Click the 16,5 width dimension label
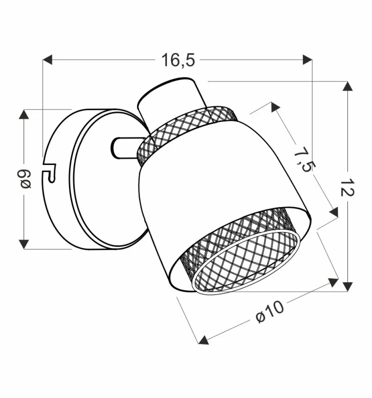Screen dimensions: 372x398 pos(178,60)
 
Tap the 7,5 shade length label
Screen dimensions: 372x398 pos(305,160)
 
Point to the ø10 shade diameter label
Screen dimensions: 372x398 pos(270,312)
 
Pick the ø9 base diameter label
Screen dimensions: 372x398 pos(25,180)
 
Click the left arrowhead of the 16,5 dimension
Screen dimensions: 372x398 pos(47,60)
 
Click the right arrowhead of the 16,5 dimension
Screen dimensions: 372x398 pos(308,60)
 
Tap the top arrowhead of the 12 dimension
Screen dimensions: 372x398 pos(347,86)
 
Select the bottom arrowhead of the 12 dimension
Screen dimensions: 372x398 pos(347,287)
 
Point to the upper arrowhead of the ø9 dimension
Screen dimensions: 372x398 pos(24,114)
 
